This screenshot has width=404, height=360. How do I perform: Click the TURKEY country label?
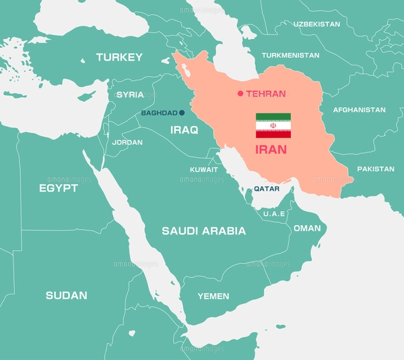click(x=119, y=57)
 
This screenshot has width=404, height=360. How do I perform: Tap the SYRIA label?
click(x=130, y=94)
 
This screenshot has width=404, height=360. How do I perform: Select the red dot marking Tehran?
click(x=240, y=94)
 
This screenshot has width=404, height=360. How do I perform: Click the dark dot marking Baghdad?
click(x=181, y=113)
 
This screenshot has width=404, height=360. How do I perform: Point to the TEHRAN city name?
click(x=266, y=94)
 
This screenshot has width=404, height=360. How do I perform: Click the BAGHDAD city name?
click(x=159, y=113)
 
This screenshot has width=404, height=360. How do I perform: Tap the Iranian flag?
click(x=273, y=125)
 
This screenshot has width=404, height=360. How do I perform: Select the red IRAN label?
click(x=271, y=149)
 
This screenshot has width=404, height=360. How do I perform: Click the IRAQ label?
click(x=184, y=130)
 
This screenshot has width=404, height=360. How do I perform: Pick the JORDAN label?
click(x=127, y=142)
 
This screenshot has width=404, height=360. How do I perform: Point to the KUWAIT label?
click(x=203, y=169)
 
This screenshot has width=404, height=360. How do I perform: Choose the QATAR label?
click(x=266, y=189)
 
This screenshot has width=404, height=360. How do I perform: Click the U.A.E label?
click(x=274, y=213)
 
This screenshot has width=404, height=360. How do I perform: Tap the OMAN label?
click(x=307, y=228)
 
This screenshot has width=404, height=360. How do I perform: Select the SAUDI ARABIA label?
click(x=203, y=231)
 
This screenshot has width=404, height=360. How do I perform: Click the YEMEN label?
click(x=213, y=296)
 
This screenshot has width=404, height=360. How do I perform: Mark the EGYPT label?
click(x=58, y=188)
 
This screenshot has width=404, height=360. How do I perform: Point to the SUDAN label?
click(x=66, y=295)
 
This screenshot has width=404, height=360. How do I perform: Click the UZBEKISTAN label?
click(x=316, y=24)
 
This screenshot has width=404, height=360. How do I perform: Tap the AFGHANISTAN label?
click(x=359, y=109)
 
